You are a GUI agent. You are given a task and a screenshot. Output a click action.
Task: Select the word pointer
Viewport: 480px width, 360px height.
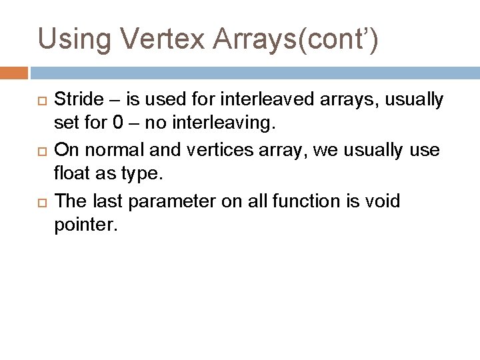point(85,226)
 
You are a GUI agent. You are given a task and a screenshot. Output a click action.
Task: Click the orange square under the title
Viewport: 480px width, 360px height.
point(14,72)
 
